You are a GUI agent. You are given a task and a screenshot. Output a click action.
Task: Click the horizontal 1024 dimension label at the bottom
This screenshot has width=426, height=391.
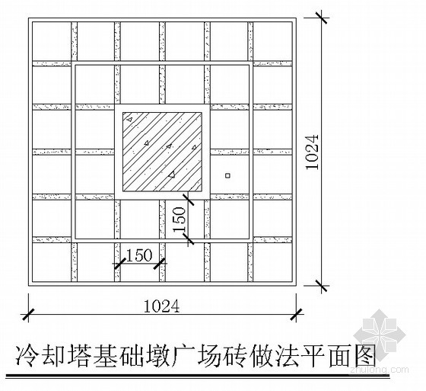[x=161, y=306]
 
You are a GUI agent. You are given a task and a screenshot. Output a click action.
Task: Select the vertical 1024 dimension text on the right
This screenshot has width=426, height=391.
[x=312, y=152]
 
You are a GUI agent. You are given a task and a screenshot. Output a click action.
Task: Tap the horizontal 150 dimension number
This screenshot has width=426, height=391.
[x=139, y=255]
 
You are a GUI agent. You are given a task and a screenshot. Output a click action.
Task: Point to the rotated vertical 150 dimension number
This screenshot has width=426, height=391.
[x=180, y=220]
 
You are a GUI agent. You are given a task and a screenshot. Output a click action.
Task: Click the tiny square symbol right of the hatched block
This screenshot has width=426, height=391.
[x=228, y=175]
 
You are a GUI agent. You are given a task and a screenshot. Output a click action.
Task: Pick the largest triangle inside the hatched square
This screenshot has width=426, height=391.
[x=171, y=175]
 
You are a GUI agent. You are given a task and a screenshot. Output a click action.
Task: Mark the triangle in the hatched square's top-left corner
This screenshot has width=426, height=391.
[x=130, y=119]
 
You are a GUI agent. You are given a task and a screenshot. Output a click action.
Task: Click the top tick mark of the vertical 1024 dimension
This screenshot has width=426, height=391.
[x=322, y=18]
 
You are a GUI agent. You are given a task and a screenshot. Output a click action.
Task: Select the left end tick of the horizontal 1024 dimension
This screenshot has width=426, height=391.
[x=28, y=314]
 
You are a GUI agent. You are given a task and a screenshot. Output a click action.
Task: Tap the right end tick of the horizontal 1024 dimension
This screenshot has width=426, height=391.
[x=296, y=314]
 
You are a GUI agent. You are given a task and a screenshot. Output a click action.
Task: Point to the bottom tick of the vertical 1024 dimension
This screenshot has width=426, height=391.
[x=322, y=286]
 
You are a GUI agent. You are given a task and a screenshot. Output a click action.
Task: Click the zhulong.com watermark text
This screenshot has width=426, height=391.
[x=379, y=370]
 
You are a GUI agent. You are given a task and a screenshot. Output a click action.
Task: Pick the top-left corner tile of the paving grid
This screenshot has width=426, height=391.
[x=52, y=41]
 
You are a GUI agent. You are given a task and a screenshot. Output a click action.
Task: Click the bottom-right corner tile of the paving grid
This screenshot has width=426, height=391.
[x=272, y=262]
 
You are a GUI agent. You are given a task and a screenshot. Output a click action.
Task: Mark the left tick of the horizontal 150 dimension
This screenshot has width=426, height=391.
[x=119, y=263]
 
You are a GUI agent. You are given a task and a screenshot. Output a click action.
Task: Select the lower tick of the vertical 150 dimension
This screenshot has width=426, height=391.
[x=188, y=239]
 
